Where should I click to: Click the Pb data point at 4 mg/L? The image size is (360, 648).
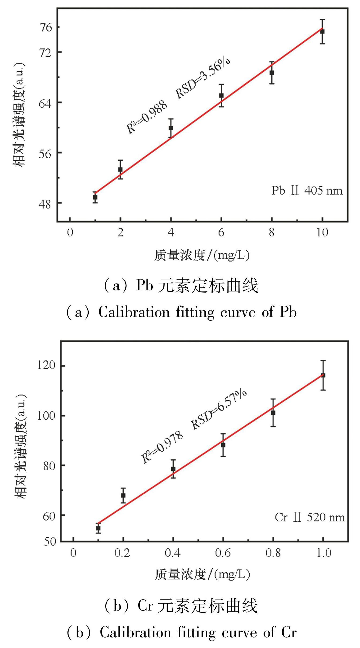click(171, 128)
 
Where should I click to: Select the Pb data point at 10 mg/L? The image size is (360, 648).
click(322, 32)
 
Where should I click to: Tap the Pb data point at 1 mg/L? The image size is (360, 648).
click(95, 198)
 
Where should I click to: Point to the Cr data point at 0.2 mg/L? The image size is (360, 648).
click(123, 495)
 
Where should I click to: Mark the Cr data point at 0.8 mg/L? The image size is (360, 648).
click(273, 413)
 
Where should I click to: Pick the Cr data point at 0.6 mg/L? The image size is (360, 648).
click(223, 445)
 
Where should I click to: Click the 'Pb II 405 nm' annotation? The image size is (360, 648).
click(307, 191)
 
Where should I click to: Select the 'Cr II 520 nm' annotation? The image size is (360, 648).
click(310, 517)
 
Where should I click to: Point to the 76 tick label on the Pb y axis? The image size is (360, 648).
click(45, 27)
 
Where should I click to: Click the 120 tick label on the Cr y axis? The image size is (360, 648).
click(46, 365)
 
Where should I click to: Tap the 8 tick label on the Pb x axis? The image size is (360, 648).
click(272, 233)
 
